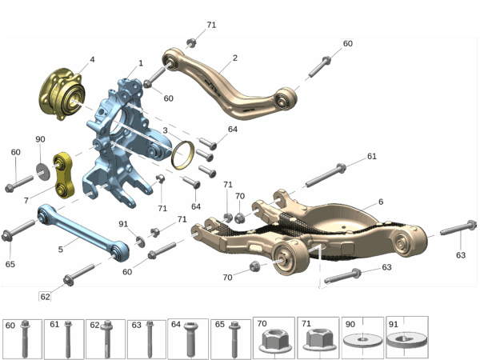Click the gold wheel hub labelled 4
(62, 94)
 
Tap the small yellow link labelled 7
(63, 175)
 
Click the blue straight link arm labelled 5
(82, 232)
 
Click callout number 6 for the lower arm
(381, 202)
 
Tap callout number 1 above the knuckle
(141, 63)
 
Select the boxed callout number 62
(46, 296)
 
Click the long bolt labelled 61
(326, 175)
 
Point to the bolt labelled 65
(18, 230)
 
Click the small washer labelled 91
(141, 242)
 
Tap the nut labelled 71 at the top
(191, 43)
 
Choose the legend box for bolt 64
(188, 338)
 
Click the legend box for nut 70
(274, 338)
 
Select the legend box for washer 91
(407, 337)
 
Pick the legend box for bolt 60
(22, 339)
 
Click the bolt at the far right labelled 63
(458, 228)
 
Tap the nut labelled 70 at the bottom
(254, 266)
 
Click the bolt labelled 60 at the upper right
(320, 66)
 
